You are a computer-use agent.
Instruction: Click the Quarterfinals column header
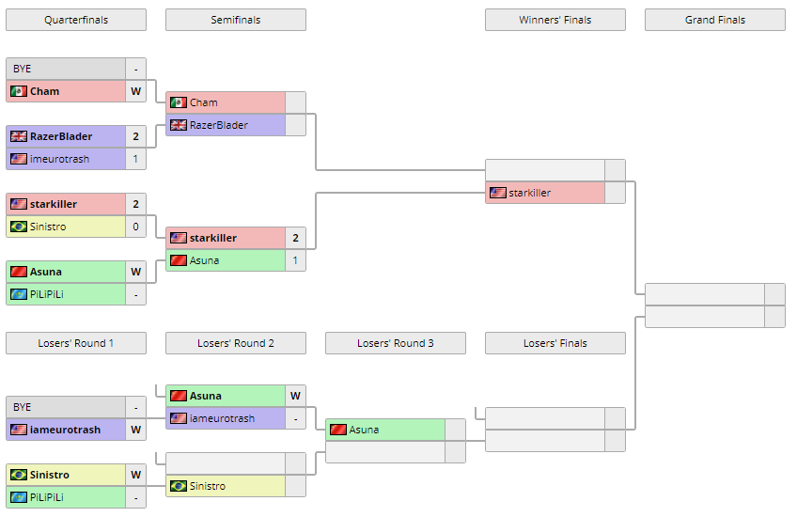[x=75, y=20]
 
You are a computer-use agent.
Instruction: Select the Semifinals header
[x=235, y=20]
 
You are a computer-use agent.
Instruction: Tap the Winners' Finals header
[x=555, y=20]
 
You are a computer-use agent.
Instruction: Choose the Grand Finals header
[x=714, y=20]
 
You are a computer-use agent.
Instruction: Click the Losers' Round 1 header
[x=75, y=343]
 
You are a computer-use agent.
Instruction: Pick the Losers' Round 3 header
[x=395, y=343]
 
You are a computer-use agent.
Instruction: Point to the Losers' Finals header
[x=555, y=343]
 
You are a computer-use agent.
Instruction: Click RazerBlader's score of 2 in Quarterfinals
[x=135, y=136]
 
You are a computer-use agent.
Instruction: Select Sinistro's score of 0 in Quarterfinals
[x=135, y=227]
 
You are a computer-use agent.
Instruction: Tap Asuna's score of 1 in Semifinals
[x=295, y=260]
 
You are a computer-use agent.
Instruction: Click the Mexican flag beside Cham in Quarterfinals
[x=18, y=91]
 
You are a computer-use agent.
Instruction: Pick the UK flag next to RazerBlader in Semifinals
[x=178, y=125]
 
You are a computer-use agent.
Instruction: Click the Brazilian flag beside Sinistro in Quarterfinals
[x=18, y=227]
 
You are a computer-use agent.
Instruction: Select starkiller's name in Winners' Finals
[x=530, y=193]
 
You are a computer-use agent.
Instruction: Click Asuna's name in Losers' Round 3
[x=364, y=430]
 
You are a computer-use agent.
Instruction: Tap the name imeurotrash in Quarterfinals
[x=59, y=159]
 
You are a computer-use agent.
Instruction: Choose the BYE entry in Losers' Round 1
[x=23, y=407]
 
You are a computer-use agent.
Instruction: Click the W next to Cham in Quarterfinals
[x=135, y=91]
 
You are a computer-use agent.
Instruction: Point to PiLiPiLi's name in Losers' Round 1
[x=46, y=497]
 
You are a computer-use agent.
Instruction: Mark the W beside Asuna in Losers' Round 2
[x=295, y=396]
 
